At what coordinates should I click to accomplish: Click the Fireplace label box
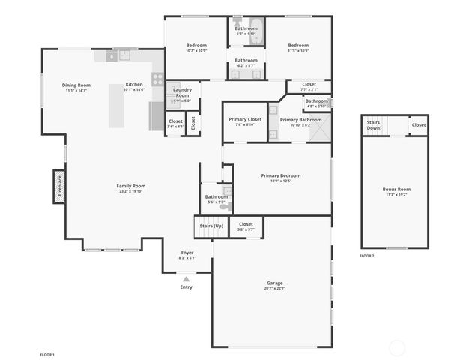59,186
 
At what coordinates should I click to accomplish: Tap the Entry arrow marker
186,279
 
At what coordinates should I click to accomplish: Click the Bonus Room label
396,191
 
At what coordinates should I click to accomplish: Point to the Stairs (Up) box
210,226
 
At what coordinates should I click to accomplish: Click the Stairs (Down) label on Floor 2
373,126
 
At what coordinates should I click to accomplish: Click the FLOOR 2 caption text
366,256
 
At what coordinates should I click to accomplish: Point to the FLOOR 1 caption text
47,353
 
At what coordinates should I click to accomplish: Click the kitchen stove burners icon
157,77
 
